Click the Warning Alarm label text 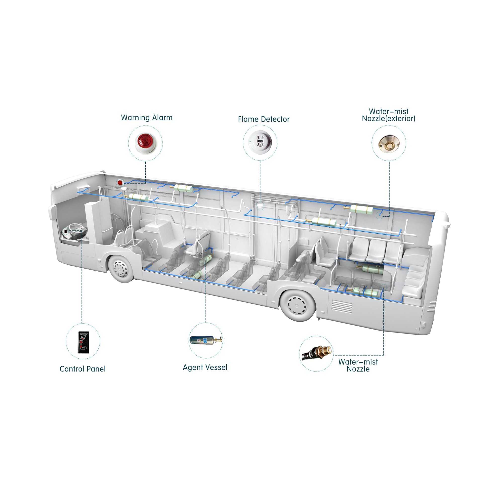pos(147,118)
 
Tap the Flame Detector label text pos(264,119)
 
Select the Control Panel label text pos(83,369)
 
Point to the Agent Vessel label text pos(205,367)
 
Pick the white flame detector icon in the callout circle pos(260,142)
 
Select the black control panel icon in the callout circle pos(83,341)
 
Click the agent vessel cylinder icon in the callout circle pos(206,340)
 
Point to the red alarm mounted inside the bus pos(120,183)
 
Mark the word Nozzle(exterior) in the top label pos(388,119)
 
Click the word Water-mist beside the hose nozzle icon pos(358,362)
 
